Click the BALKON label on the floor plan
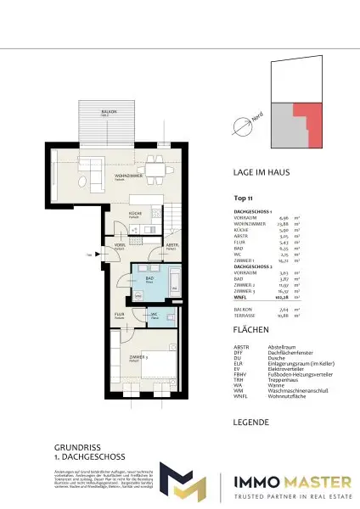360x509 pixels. click(108, 111)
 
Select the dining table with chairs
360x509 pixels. click(155, 171)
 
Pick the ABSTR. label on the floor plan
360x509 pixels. click(172, 245)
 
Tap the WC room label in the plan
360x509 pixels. click(154, 315)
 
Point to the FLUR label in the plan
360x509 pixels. click(120, 316)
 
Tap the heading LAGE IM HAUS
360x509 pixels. click(263, 172)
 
